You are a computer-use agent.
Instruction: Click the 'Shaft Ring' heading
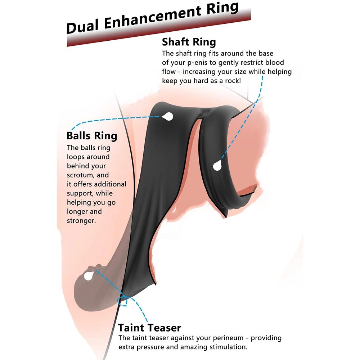pyautogui.click(x=189, y=42)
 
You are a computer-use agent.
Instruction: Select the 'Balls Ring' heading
pyautogui.click(x=92, y=136)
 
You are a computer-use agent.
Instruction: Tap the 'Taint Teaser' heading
pyautogui.click(x=149, y=328)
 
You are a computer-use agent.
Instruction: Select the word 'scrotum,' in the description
pyautogui.click(x=81, y=175)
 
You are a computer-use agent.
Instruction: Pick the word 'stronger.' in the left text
pyautogui.click(x=81, y=221)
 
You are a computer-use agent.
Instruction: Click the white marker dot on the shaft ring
pyautogui.click(x=217, y=166)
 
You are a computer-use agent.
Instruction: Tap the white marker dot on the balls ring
pyautogui.click(x=167, y=116)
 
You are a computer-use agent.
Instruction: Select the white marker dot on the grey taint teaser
pyautogui.click(x=87, y=276)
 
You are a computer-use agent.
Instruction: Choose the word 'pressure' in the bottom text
pyautogui.click(x=148, y=347)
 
